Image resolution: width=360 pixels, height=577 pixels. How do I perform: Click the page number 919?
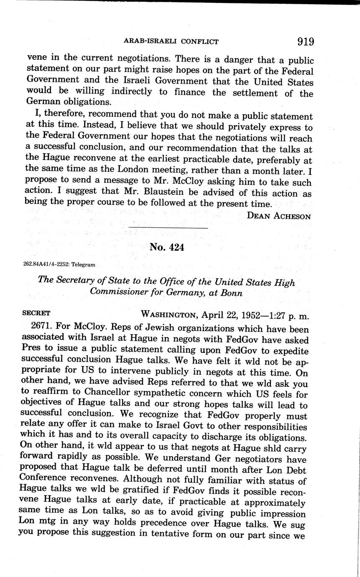coord(305,41)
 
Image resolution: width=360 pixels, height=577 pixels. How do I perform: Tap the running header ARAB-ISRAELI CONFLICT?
coord(171,41)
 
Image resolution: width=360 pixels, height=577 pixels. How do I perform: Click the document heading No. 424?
coord(166,247)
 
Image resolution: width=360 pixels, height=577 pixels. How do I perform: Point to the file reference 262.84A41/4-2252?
coord(46,264)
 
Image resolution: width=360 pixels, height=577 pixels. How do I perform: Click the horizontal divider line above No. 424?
coord(168,228)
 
